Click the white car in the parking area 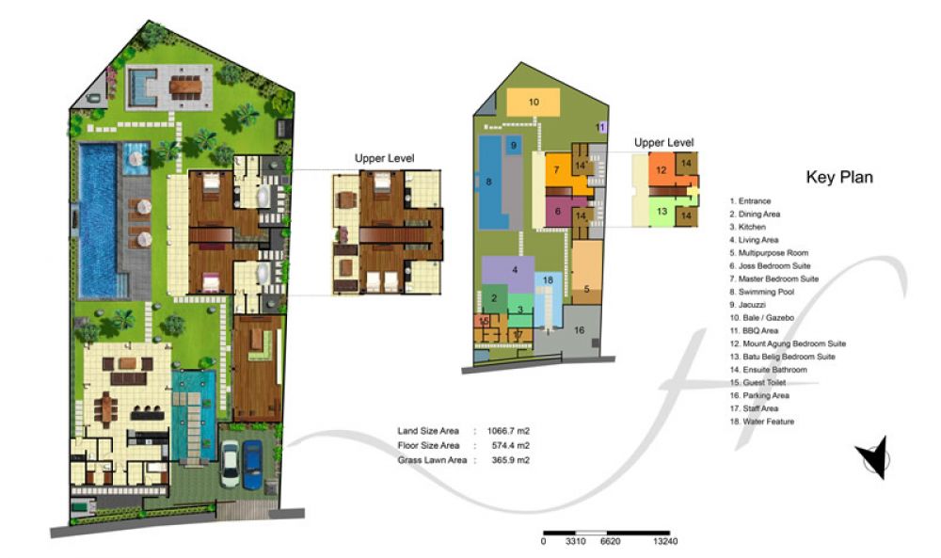pyautogui.click(x=230, y=463)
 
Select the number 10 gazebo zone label pyautogui.click(x=534, y=102)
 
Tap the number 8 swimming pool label pyautogui.click(x=488, y=182)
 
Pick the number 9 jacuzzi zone pyautogui.click(x=513, y=145)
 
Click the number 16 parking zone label pyautogui.click(x=579, y=330)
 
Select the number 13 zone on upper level pyautogui.click(x=662, y=211)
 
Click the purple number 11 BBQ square pyautogui.click(x=602, y=127)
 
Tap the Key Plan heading pyautogui.click(x=839, y=177)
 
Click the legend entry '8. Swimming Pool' pyautogui.click(x=762, y=292)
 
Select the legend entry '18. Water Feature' pyautogui.click(x=762, y=422)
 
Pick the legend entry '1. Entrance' pyautogui.click(x=750, y=201)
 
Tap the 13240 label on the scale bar pyautogui.click(x=665, y=541)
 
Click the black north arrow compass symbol pyautogui.click(x=874, y=457)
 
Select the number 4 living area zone pyautogui.click(x=508, y=274)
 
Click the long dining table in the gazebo pyautogui.click(x=186, y=88)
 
